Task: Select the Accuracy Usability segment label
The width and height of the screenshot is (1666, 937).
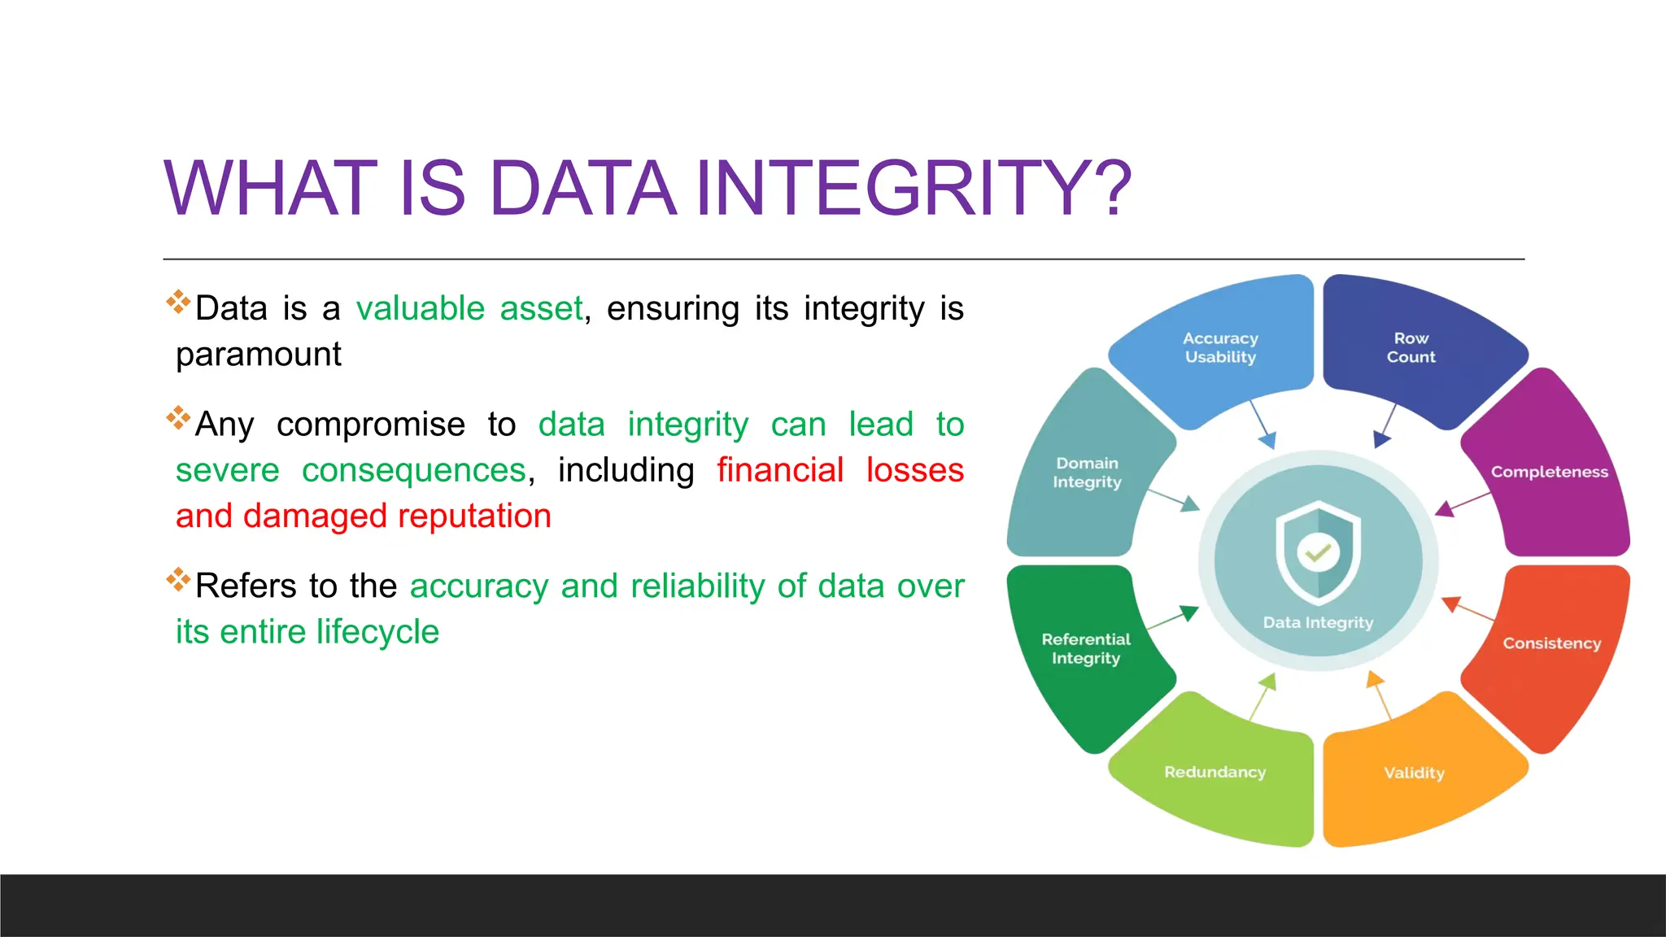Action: (1220, 347)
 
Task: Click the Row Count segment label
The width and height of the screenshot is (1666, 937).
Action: (1411, 347)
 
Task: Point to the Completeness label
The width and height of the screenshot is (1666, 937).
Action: (1549, 472)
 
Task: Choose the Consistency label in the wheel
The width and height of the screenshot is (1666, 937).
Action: (1551, 643)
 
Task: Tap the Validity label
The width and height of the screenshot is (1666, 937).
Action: (1414, 773)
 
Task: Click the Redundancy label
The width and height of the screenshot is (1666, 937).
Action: (1215, 772)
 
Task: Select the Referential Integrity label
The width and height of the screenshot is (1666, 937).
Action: (1086, 648)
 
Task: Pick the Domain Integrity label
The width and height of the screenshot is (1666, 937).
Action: (1087, 473)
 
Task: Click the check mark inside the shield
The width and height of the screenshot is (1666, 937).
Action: (1318, 553)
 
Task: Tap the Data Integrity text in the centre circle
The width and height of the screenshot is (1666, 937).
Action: (1318, 622)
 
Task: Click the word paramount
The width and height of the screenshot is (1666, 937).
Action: (259, 355)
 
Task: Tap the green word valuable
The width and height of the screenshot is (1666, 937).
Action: (421, 309)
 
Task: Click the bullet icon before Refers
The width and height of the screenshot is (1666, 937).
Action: (178, 579)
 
